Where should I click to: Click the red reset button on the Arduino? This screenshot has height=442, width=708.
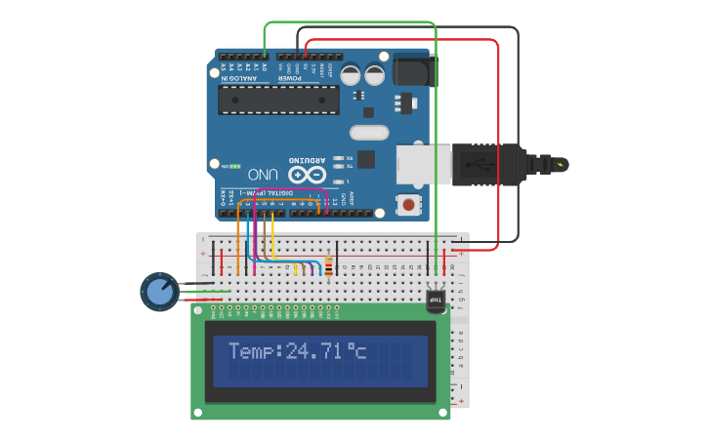coord(407,204)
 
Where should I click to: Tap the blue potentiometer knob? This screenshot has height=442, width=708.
coord(159,291)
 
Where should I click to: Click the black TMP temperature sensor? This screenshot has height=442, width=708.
coord(436,300)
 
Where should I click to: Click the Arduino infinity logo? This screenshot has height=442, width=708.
coord(306,173)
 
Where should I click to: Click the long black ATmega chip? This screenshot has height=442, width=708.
coord(278,99)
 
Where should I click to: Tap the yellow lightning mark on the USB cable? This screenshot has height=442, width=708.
coord(560,164)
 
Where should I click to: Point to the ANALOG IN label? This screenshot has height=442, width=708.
coord(238,79)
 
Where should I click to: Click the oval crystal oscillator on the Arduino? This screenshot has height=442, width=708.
coord(369,132)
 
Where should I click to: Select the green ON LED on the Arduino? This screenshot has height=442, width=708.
coord(235,166)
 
